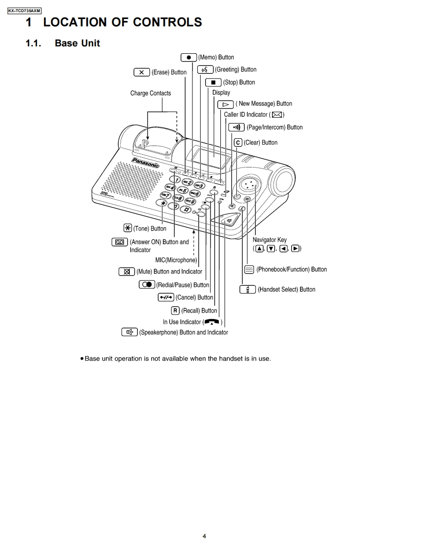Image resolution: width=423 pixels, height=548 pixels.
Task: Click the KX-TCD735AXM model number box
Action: [24, 10]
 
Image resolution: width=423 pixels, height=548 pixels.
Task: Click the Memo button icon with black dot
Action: [189, 57]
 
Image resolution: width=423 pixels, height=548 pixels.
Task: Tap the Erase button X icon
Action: [141, 72]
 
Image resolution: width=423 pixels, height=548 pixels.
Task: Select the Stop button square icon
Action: [213, 82]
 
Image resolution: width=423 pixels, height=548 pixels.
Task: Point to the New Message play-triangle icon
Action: [225, 104]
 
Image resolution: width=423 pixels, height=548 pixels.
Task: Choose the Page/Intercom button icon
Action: [236, 127]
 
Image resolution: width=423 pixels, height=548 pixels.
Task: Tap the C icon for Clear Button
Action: [238, 143]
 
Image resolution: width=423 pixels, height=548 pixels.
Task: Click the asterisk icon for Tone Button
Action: [127, 228]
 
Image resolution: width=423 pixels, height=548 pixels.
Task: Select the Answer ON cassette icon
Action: [120, 242]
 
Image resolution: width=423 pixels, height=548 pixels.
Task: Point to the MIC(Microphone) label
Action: [176, 260]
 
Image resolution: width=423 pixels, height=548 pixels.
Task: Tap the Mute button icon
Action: [127, 272]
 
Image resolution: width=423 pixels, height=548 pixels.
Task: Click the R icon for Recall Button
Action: [175, 311]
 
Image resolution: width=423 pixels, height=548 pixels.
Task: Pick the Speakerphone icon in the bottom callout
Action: [129, 333]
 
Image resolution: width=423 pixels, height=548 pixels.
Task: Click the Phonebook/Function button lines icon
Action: [249, 269]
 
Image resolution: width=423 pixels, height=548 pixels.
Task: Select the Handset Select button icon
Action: [248, 289]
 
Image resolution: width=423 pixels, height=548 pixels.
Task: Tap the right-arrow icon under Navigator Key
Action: [295, 249]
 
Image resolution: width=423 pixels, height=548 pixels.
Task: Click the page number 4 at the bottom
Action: [204, 536]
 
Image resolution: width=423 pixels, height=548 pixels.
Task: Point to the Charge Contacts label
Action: [150, 93]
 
